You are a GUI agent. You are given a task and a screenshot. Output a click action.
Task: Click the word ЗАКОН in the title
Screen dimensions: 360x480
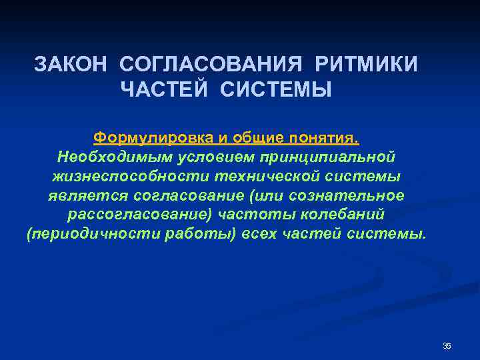(x=71, y=65)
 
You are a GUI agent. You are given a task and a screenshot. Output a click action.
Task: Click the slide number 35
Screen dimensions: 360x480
(x=447, y=345)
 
